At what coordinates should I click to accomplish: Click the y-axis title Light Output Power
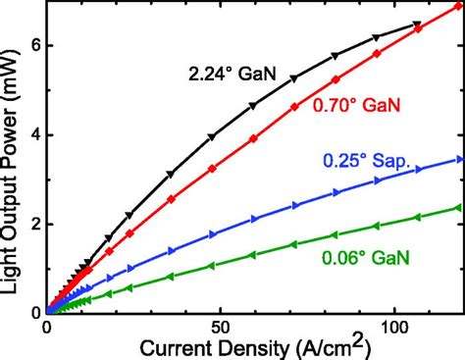(x=13, y=157)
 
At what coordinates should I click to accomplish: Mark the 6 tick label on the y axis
(x=32, y=45)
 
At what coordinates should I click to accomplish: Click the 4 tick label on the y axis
(x=32, y=134)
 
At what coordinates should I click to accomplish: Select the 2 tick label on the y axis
(x=32, y=223)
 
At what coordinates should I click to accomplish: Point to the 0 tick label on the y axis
(x=32, y=311)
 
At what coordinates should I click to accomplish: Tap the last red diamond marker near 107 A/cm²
(x=418, y=29)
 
